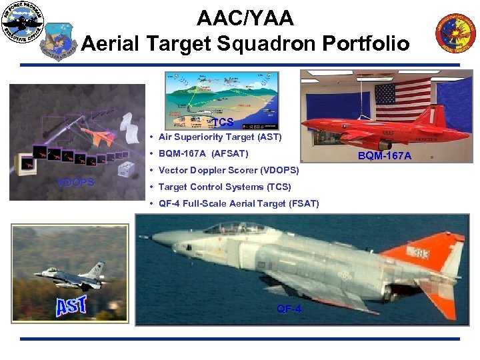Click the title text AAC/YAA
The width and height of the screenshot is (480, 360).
pos(245,17)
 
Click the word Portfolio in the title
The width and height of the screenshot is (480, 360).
pos(366,43)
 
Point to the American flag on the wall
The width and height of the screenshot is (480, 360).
pos(403,100)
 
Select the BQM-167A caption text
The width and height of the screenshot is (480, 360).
pos(385,156)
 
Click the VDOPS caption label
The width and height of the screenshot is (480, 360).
pos(75,183)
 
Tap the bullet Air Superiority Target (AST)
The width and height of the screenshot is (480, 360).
pos(220,137)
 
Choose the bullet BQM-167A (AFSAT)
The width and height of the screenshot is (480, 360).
pos(203,154)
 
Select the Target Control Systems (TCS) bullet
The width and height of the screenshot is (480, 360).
pos(225,187)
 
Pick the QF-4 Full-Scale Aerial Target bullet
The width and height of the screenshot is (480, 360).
pos(239,204)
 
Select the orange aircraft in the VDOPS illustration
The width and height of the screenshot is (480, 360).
pos(102,137)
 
